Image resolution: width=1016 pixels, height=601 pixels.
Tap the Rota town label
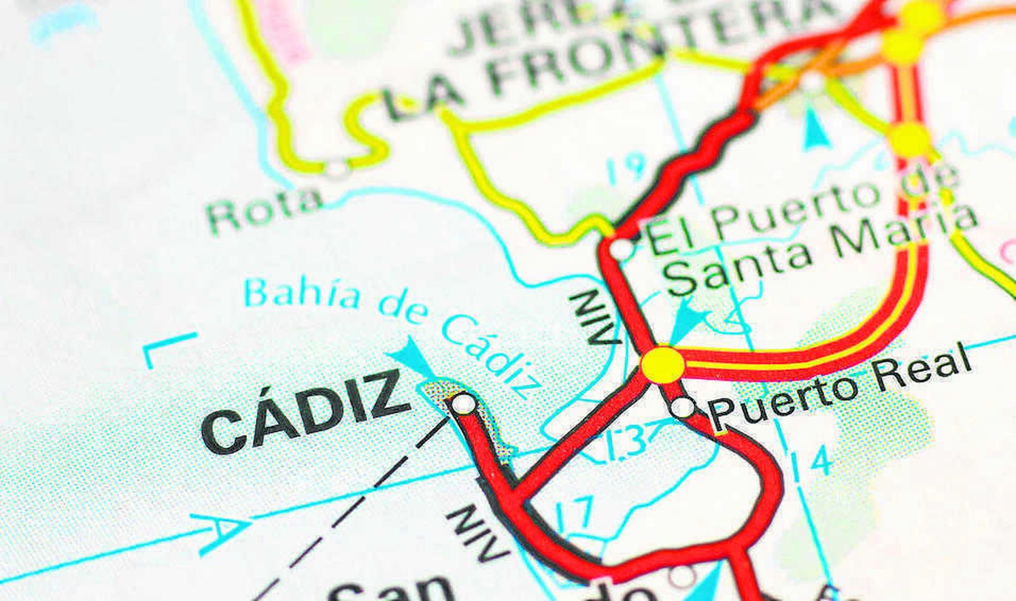265,210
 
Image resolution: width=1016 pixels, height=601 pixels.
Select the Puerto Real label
839,385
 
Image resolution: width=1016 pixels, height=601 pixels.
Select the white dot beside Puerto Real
683,407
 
